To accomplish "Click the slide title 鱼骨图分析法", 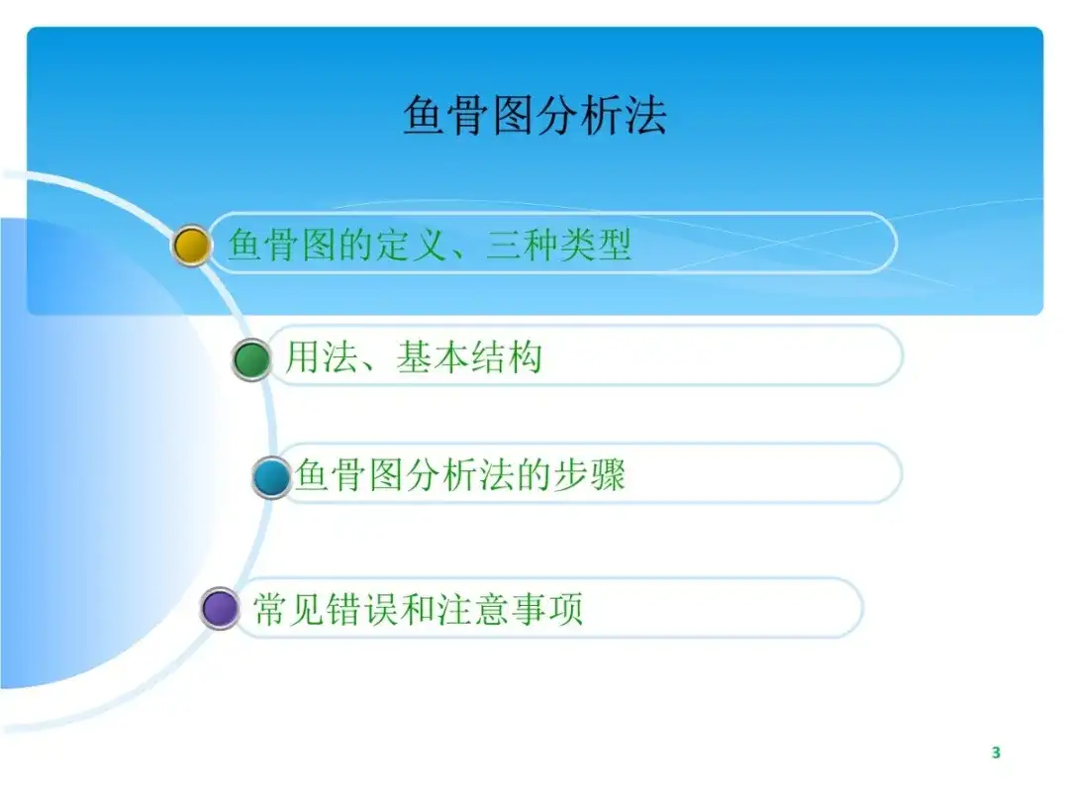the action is (x=534, y=115).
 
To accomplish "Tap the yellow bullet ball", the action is (x=191, y=246).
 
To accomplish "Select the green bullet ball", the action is (x=251, y=359).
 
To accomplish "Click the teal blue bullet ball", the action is (x=271, y=477).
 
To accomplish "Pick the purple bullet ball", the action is (x=220, y=608).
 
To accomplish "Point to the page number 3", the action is (x=996, y=752).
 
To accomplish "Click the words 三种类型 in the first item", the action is (x=559, y=245).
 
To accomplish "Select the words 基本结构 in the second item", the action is (x=469, y=356).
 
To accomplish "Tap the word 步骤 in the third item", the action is (x=590, y=474).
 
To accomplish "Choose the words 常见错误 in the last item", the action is (x=326, y=608).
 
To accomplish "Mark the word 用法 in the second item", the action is (x=322, y=356).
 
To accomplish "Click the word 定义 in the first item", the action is (x=413, y=245).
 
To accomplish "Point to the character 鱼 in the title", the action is (x=424, y=115).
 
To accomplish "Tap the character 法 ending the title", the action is (x=645, y=115).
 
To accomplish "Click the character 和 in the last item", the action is (x=419, y=608).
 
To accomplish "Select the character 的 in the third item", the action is (x=534, y=474).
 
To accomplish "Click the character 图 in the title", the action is (x=513, y=115).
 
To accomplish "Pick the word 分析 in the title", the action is (x=579, y=115).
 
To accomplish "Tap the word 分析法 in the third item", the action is (x=460, y=474).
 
